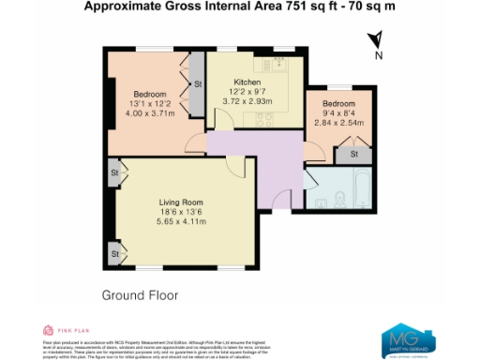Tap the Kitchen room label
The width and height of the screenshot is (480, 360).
tap(247, 83)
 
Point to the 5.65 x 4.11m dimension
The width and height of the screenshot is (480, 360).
tap(180, 223)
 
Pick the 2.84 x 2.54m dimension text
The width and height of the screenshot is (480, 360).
tap(338, 123)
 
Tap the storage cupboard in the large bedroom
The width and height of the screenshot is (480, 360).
tap(197, 84)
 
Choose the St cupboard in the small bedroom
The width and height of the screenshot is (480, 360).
tap(354, 154)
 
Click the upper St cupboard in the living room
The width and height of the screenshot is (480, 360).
tap(113, 173)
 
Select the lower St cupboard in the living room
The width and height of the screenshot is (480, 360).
tap(113, 253)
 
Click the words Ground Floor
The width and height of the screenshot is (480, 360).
tap(139, 294)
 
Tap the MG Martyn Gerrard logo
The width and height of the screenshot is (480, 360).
tap(405, 339)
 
